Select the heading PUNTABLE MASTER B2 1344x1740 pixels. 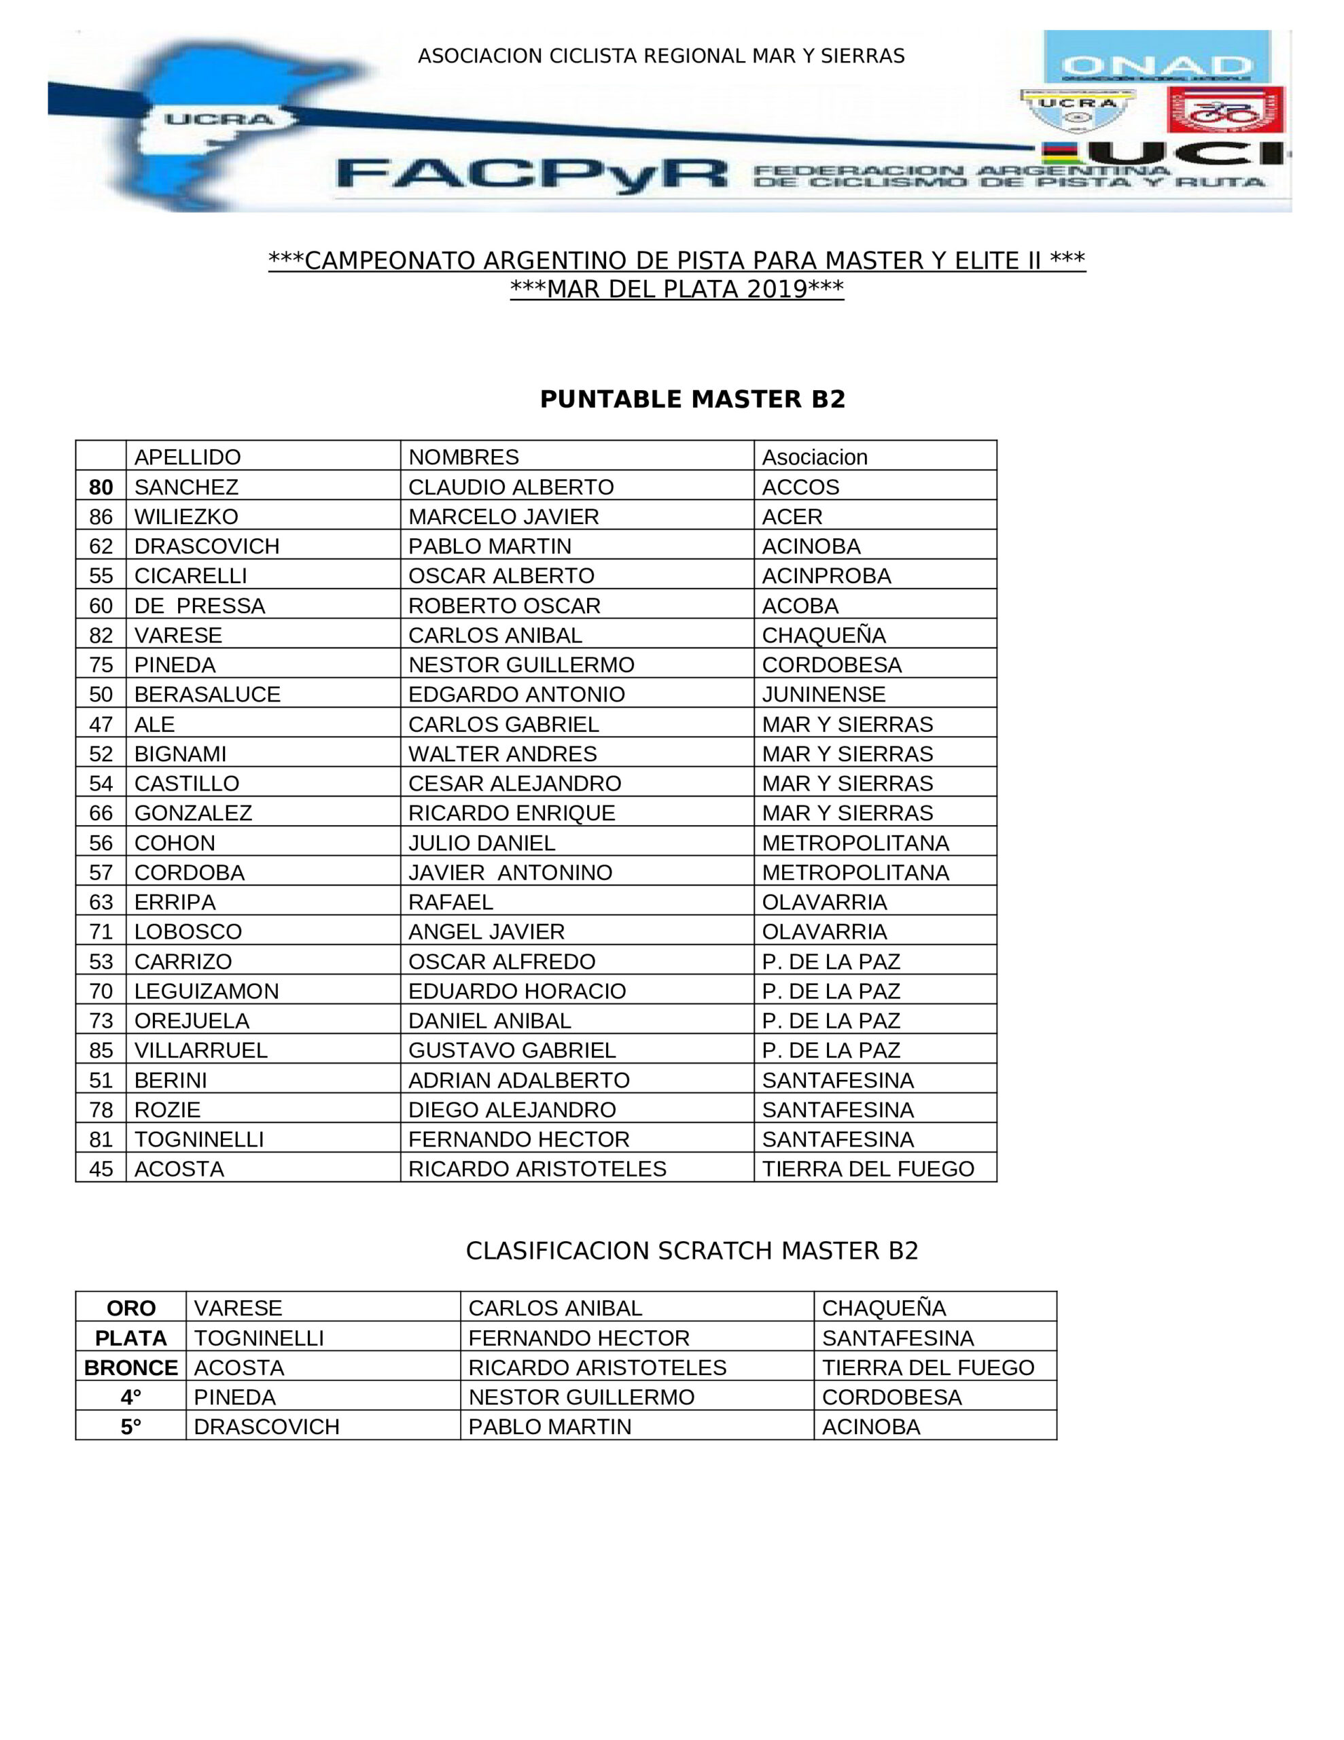point(692,399)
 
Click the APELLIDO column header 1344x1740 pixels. point(188,457)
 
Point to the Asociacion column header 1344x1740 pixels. point(814,457)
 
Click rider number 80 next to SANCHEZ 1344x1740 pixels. point(101,487)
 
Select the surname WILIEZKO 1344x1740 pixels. point(186,517)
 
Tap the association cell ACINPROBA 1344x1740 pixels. point(826,575)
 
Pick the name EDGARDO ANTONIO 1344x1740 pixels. point(516,694)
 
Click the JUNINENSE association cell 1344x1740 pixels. point(823,694)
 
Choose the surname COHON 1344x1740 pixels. point(175,843)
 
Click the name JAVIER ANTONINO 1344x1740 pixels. point(510,873)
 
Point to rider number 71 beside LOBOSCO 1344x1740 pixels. point(101,931)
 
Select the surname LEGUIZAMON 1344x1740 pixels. point(207,991)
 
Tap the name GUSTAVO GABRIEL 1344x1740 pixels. point(512,1050)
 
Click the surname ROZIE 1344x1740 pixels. point(167,1110)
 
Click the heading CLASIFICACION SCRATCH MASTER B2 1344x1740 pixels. point(692,1251)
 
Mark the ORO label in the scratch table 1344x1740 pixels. point(130,1308)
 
